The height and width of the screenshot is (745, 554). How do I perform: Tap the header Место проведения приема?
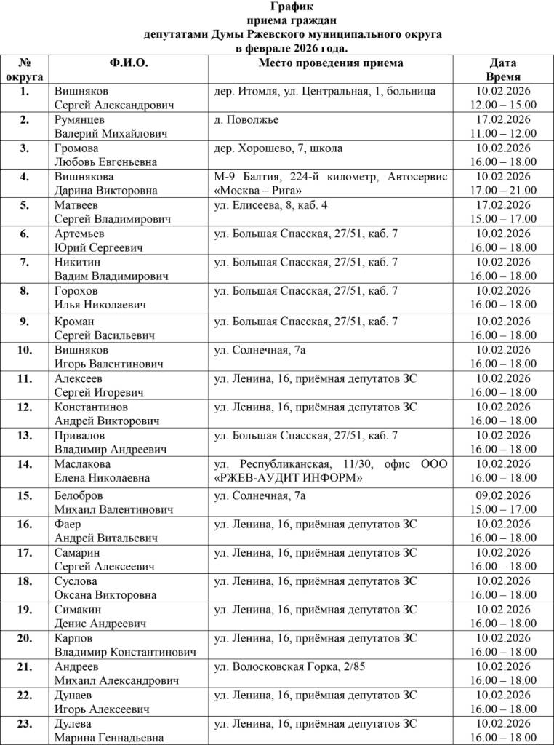click(x=331, y=63)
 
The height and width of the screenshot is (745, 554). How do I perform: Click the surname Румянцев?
click(x=80, y=120)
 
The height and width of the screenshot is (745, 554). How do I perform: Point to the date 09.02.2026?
click(x=503, y=496)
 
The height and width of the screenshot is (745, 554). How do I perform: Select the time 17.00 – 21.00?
click(x=503, y=191)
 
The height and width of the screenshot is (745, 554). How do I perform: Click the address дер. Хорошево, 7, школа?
click(x=278, y=148)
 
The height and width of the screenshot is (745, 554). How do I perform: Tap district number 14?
click(x=25, y=464)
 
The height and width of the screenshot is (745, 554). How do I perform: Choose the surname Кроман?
click(x=74, y=322)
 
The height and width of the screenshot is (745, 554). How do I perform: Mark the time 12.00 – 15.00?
click(x=503, y=105)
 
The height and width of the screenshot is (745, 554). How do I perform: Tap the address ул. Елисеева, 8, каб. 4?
click(x=271, y=205)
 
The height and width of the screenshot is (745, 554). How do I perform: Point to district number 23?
click(x=25, y=723)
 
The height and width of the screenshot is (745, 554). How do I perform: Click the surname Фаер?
click(x=68, y=525)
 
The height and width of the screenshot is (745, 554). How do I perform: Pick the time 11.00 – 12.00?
click(x=503, y=134)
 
